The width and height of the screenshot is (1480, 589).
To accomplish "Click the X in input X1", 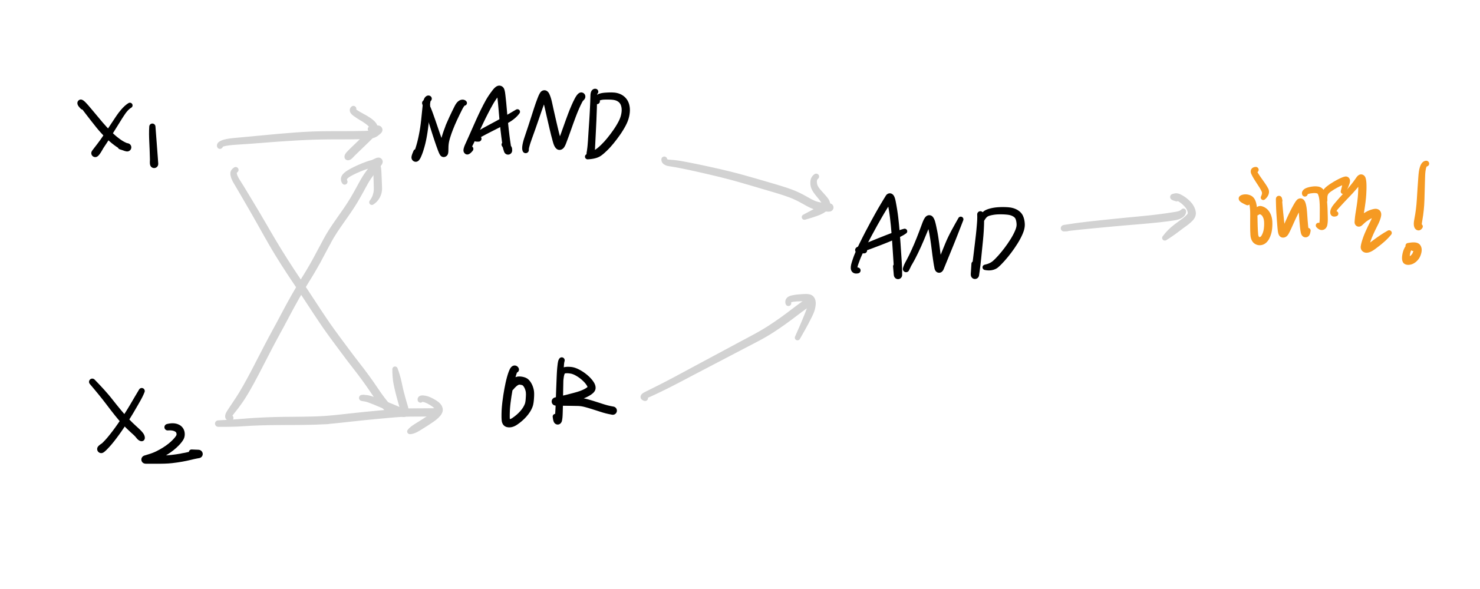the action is point(106,128).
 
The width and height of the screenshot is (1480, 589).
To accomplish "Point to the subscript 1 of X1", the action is point(153,145).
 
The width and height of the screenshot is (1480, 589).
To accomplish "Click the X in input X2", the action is point(118,415).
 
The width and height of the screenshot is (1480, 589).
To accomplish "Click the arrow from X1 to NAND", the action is point(295,137).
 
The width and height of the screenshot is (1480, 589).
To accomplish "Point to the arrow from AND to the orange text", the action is point(1120,222).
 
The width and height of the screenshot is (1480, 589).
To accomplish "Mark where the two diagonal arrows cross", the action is point(301,287).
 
